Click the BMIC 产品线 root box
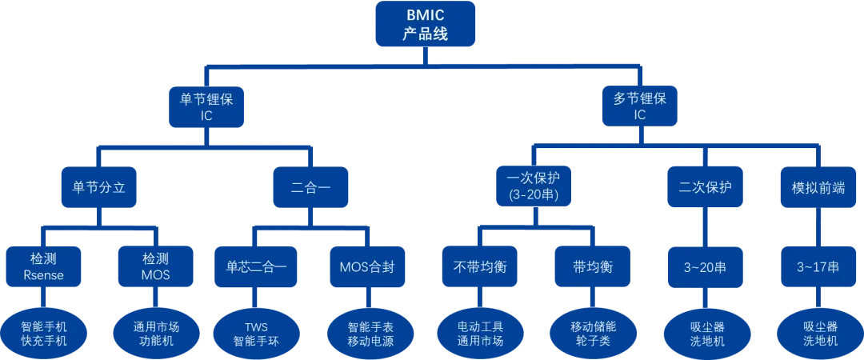425,23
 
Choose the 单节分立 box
99,188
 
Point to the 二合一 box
310,188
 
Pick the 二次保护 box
705,188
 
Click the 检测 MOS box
156,267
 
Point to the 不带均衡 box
478,267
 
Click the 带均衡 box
593,267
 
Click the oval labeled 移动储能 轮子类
593,333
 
